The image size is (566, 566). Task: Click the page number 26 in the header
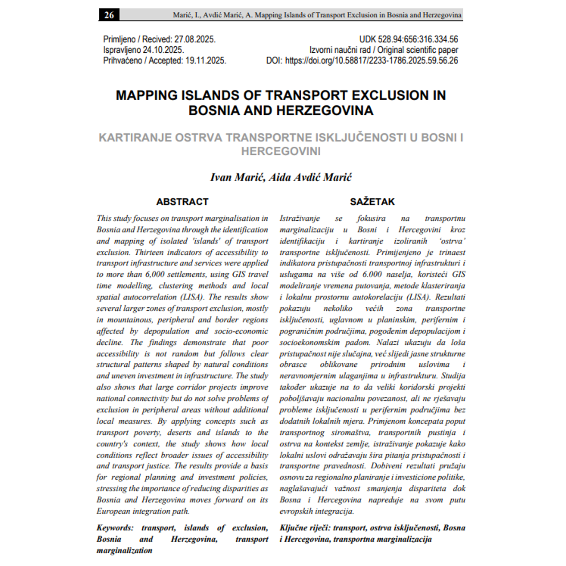(x=109, y=15)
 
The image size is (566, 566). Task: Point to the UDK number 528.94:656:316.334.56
(x=418, y=39)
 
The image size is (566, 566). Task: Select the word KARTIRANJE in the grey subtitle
(x=135, y=138)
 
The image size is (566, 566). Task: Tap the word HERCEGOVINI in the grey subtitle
(x=281, y=151)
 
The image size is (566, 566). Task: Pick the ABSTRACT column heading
(x=182, y=202)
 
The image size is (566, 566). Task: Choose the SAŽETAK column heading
(x=372, y=202)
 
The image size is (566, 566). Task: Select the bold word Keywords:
(x=115, y=528)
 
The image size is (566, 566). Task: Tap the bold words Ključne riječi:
(x=305, y=528)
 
